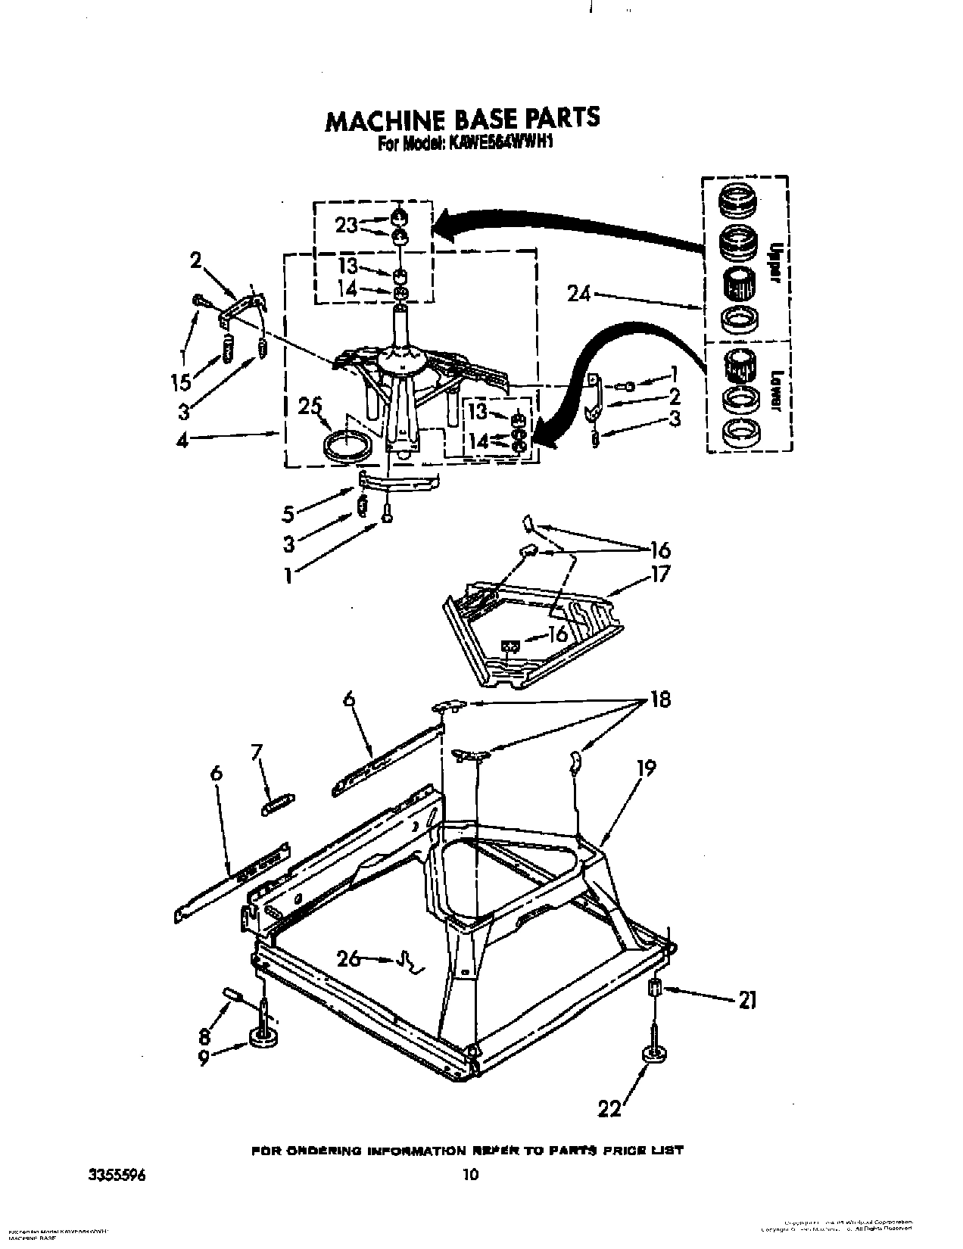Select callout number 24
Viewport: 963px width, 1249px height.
tap(579, 294)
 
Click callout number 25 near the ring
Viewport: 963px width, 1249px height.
tap(310, 407)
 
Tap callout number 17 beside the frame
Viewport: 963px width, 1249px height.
tap(660, 574)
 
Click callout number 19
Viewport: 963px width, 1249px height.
tap(646, 767)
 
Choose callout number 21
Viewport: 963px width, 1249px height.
tap(746, 1001)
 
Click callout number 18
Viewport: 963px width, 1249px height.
tap(660, 699)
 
